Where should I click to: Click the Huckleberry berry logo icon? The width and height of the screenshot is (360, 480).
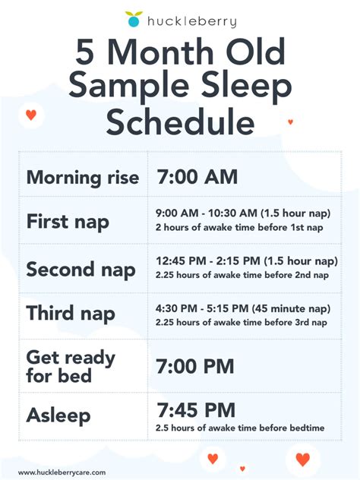[133, 19]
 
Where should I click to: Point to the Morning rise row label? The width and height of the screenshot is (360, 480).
[83, 178]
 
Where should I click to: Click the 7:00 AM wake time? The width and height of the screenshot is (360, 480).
[197, 177]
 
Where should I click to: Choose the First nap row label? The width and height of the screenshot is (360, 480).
[68, 222]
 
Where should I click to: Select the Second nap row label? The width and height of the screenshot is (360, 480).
[81, 269]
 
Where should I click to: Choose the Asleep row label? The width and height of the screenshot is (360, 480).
[58, 415]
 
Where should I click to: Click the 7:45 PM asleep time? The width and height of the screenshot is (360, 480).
[196, 410]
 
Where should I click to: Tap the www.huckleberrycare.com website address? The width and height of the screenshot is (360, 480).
[62, 472]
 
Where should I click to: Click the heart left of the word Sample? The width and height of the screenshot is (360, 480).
[30, 115]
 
